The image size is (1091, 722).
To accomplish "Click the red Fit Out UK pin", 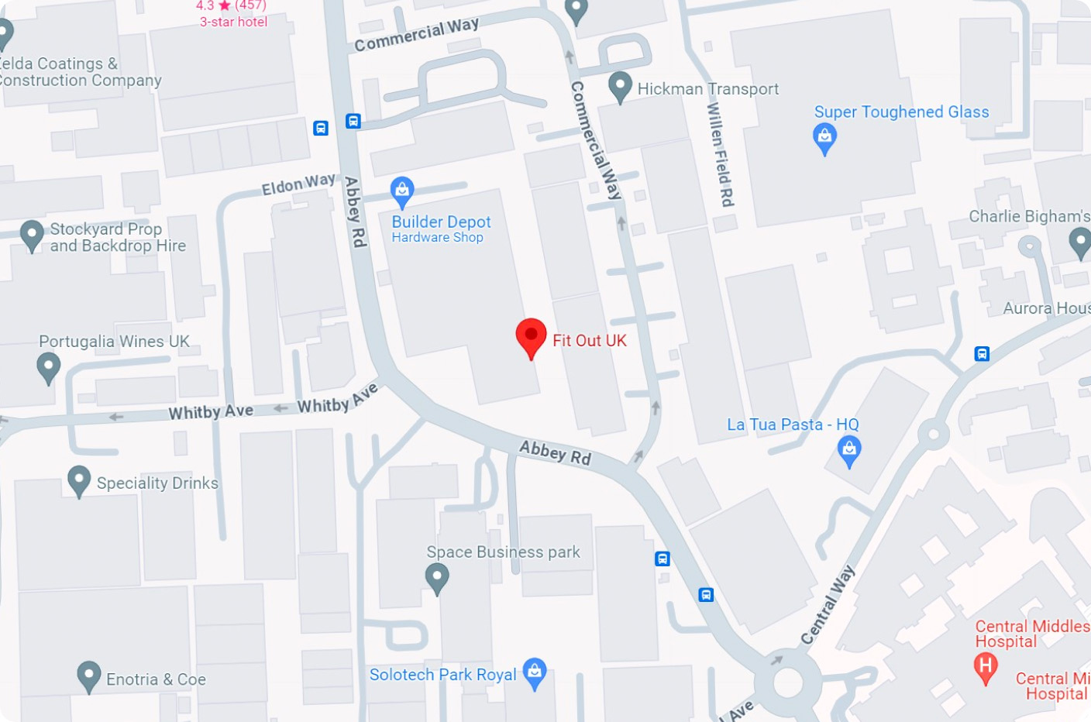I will (x=531, y=336).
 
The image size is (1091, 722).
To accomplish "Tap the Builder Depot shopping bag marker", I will (x=401, y=190).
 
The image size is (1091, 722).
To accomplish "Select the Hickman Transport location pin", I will (x=620, y=85).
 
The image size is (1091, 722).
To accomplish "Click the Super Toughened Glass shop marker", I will (x=824, y=137).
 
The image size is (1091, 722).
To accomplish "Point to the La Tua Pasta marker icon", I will (x=849, y=449).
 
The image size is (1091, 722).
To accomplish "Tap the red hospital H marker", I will (x=985, y=666).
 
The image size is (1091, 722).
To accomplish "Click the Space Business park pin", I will (x=437, y=577).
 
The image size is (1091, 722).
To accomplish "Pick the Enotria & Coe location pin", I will (x=89, y=676).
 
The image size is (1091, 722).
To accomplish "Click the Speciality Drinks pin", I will (x=79, y=480).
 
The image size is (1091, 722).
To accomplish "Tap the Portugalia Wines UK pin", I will (x=49, y=366).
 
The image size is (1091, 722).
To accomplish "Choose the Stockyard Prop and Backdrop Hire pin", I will (x=32, y=234).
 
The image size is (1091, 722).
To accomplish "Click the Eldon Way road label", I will (x=298, y=184).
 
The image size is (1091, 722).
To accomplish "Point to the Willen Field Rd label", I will (x=720, y=154).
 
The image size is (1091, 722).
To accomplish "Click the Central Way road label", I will (x=828, y=604).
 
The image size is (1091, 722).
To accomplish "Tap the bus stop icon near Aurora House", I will (x=982, y=354).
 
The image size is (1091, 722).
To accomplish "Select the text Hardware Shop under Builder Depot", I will (x=437, y=238).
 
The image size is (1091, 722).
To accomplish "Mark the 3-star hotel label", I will (x=233, y=22).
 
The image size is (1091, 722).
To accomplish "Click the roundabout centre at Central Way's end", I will (x=788, y=684).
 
